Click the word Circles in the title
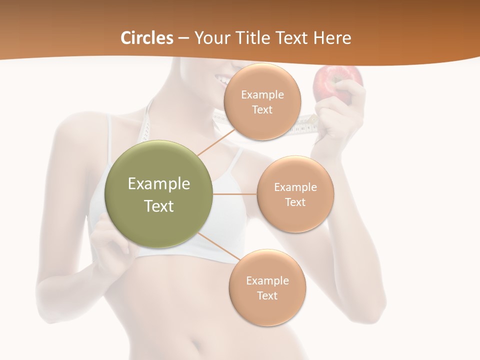[146, 38]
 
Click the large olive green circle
[158, 194]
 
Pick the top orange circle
[262, 102]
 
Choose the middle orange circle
[295, 194]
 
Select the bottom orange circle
[267, 288]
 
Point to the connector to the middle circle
[234, 194]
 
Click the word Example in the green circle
[159, 184]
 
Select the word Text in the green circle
[159, 206]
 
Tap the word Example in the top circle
[262, 94]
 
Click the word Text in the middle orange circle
[295, 202]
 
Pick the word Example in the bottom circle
[267, 280]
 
